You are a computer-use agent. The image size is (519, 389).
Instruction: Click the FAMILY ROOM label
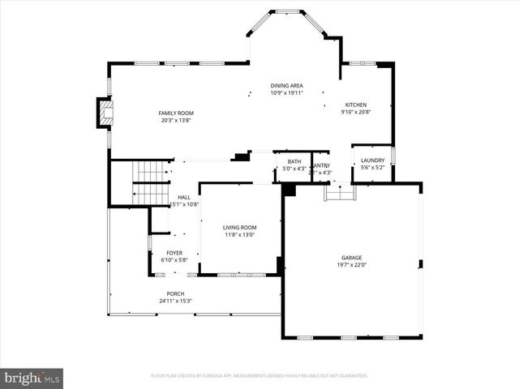click(x=176, y=113)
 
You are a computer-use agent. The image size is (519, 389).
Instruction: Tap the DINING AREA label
click(x=287, y=86)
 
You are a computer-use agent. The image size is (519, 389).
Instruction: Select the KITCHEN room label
click(x=356, y=105)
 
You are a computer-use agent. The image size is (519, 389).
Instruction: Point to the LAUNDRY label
click(x=373, y=160)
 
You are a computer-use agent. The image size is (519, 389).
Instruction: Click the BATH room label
click(x=294, y=161)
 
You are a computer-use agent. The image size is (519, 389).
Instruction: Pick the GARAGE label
click(x=352, y=257)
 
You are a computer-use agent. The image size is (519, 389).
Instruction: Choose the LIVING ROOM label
click(x=239, y=228)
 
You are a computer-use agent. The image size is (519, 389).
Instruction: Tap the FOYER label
click(x=175, y=253)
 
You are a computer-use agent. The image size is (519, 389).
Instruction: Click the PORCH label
click(x=175, y=293)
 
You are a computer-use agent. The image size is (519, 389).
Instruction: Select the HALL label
click(x=184, y=197)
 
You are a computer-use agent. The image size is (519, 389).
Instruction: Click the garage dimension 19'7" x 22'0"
click(x=352, y=265)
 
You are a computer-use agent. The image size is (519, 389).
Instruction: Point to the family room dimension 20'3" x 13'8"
click(x=176, y=121)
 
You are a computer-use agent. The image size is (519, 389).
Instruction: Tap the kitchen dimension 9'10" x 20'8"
click(x=356, y=113)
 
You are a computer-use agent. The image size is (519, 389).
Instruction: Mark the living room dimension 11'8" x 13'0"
click(x=239, y=235)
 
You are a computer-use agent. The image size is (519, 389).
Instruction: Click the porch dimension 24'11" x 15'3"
click(x=175, y=301)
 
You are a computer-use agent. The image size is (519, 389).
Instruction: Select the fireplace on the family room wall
click(x=103, y=113)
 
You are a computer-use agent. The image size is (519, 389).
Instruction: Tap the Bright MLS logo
click(x=32, y=378)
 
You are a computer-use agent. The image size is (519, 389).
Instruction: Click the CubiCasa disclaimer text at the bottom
click(x=259, y=376)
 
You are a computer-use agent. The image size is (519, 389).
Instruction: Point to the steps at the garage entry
click(x=339, y=194)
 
